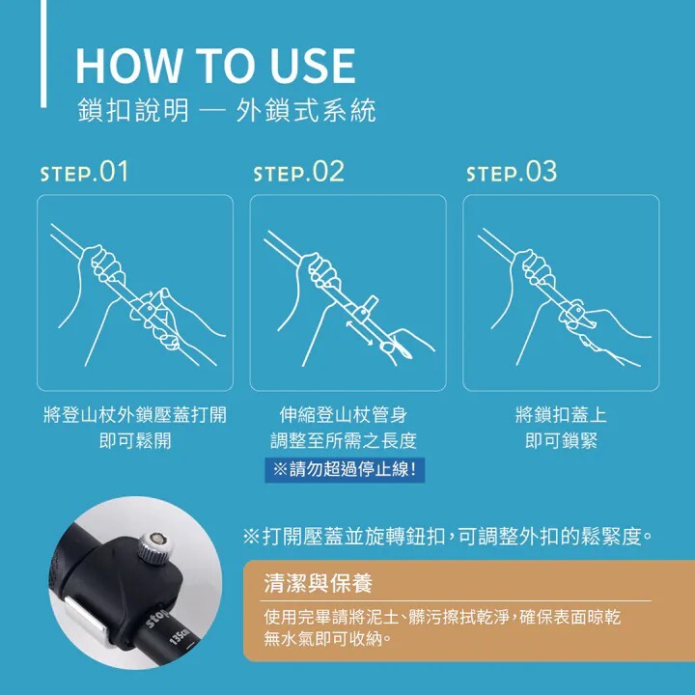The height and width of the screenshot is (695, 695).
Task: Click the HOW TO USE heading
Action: [215, 66]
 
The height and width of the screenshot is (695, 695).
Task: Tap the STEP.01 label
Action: [84, 172]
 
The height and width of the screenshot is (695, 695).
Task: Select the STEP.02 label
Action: [298, 172]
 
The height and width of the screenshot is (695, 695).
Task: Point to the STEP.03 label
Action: [512, 172]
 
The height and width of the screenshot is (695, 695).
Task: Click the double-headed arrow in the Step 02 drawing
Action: [359, 333]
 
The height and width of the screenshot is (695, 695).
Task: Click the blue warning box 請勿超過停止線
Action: [345, 469]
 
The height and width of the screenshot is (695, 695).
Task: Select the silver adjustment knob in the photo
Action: [153, 546]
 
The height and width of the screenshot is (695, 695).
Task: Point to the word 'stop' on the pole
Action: [158, 618]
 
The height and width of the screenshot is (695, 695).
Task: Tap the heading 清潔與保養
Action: [319, 583]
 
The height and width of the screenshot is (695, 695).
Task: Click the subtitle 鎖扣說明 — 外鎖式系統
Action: [227, 110]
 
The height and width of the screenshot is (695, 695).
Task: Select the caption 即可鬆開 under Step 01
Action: [135, 440]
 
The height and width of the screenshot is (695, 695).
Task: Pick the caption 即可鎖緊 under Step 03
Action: [561, 440]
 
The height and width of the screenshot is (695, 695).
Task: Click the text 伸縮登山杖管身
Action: [344, 415]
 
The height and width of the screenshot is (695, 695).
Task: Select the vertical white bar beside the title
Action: [43, 53]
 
